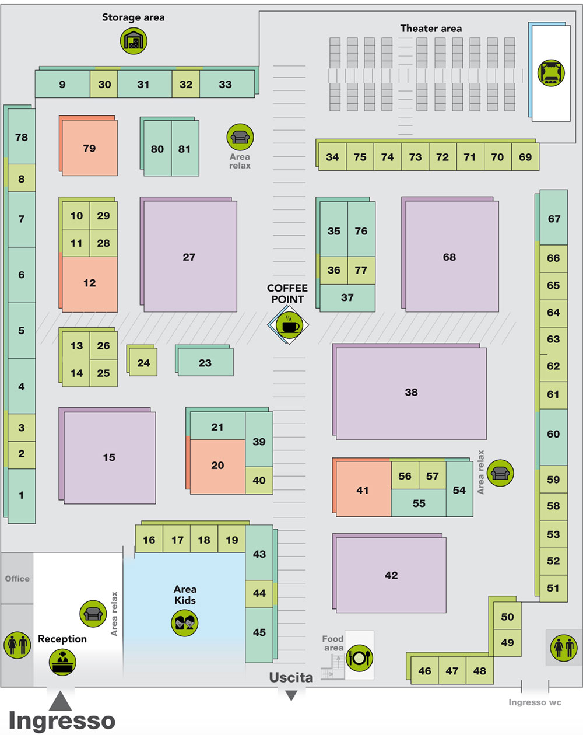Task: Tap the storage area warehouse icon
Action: (x=134, y=41)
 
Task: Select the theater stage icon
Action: (x=551, y=72)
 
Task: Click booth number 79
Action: (x=89, y=148)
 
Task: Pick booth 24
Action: (x=143, y=363)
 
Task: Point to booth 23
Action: (x=205, y=363)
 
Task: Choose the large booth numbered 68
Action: (x=450, y=257)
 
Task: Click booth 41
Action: (x=363, y=490)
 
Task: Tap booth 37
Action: (x=347, y=297)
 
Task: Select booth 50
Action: (x=507, y=617)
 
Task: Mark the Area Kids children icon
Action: (x=185, y=622)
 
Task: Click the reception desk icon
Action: (x=62, y=661)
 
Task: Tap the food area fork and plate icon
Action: (x=359, y=658)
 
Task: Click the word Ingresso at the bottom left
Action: (x=62, y=720)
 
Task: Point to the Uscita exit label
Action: (x=291, y=677)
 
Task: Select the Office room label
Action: (x=17, y=579)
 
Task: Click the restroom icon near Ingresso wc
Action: (x=564, y=647)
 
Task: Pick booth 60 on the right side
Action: (x=553, y=434)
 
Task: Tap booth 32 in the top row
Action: (x=186, y=85)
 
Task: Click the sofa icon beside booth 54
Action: (x=500, y=473)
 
